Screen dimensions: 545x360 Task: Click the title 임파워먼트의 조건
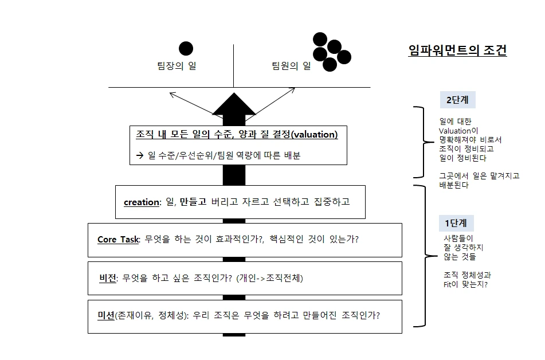tap(457, 50)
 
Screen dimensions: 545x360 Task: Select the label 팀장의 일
tap(177, 66)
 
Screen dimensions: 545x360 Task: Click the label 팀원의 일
tap(291, 66)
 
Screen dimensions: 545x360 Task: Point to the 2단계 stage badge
tap(457, 100)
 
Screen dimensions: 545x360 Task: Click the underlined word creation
tap(141, 202)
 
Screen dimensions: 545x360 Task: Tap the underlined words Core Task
tap(118, 240)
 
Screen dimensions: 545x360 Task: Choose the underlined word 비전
tap(107, 279)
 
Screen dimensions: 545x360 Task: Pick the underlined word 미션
tap(106, 315)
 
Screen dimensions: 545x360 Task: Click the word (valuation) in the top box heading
tap(315, 135)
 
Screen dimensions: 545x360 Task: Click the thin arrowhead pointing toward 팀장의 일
tap(171, 93)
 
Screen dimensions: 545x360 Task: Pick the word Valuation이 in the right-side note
tap(458, 131)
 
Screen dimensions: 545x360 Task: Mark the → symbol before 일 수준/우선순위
tap(139, 155)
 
